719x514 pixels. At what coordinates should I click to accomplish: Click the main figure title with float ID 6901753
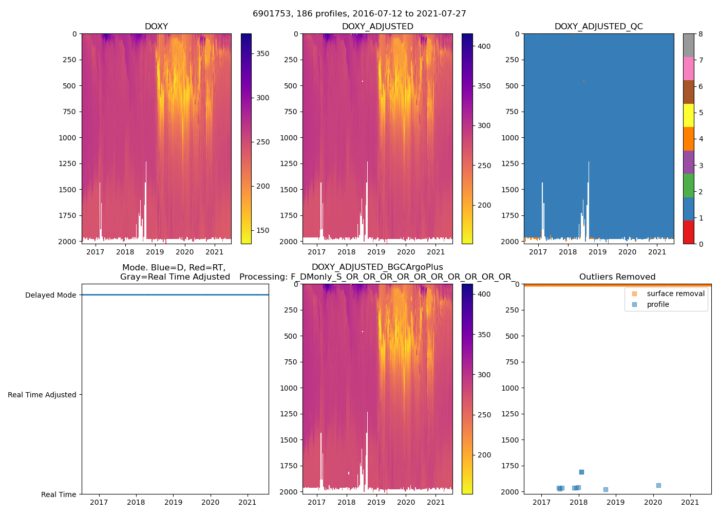click(x=359, y=14)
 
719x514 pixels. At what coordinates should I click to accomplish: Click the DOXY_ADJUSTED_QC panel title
click(x=599, y=27)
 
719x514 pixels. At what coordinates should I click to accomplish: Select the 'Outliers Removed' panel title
click(x=617, y=277)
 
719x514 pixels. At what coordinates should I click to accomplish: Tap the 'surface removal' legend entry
click(x=675, y=293)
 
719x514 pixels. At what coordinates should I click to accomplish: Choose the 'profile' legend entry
click(x=658, y=304)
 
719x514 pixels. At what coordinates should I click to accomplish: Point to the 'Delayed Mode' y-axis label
click(x=50, y=295)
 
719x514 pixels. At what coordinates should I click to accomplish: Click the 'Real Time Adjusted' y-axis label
click(x=42, y=395)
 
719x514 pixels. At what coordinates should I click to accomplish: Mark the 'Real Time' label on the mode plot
click(x=59, y=494)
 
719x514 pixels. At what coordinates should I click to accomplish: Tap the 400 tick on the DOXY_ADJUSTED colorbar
click(x=484, y=46)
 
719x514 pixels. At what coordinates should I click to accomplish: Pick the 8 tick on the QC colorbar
click(x=701, y=34)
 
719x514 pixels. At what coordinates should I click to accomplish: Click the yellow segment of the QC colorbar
click(x=688, y=115)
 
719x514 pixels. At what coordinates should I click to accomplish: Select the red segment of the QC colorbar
click(x=688, y=232)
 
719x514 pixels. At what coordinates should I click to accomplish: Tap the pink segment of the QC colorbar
click(x=688, y=68)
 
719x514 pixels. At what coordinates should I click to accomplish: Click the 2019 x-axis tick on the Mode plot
click(x=173, y=502)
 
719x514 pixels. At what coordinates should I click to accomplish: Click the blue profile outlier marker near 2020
click(x=658, y=485)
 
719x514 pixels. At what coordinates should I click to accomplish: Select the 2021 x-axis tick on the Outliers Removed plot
click(x=690, y=502)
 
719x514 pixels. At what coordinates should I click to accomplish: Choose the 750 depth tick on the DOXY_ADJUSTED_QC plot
click(x=512, y=112)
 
